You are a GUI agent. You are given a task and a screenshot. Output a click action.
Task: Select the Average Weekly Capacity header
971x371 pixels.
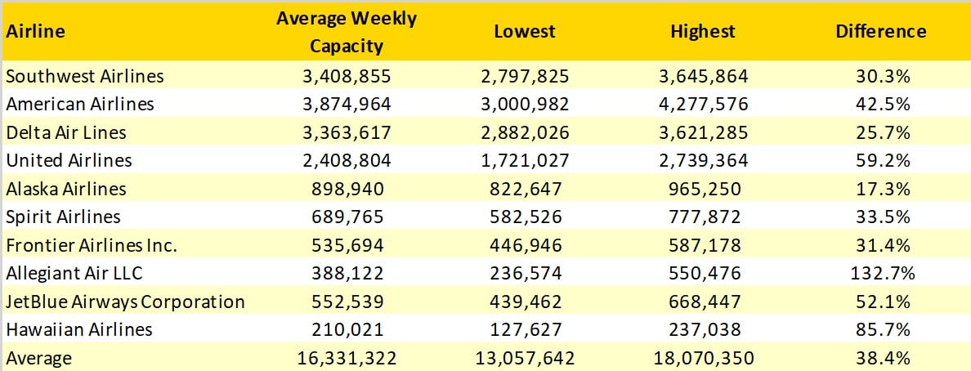pyautogui.click(x=346, y=32)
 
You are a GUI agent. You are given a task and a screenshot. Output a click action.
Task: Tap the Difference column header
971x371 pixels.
pyautogui.click(x=880, y=32)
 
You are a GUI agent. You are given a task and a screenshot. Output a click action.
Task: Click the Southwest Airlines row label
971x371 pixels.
pyautogui.click(x=84, y=76)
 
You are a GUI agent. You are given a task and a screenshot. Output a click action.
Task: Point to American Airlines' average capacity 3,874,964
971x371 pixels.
pyautogui.click(x=346, y=105)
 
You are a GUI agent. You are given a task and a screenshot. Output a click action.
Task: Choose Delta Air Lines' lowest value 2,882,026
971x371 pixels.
pyautogui.click(x=524, y=132)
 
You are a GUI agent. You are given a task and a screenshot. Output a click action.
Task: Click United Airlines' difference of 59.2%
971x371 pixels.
pyautogui.click(x=880, y=161)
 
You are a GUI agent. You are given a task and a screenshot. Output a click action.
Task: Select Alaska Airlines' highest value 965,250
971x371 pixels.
pyautogui.click(x=702, y=189)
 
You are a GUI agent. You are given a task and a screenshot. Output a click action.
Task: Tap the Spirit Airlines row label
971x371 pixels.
pyautogui.click(x=63, y=217)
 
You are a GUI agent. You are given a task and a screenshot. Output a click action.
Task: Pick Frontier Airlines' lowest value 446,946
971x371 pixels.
pyautogui.click(x=524, y=245)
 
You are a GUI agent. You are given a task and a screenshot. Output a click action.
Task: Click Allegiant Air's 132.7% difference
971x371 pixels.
pyautogui.click(x=880, y=274)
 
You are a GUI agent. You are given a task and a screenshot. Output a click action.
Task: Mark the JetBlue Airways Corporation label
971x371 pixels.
pyautogui.click(x=125, y=302)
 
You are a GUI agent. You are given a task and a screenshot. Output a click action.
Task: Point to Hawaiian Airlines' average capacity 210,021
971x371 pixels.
pyautogui.click(x=346, y=330)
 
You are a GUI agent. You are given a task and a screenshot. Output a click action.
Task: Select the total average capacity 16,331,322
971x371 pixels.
pyautogui.click(x=346, y=359)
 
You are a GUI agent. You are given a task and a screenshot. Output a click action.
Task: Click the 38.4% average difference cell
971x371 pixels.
pyautogui.click(x=880, y=359)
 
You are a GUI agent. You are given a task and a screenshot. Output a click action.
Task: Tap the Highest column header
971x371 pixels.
pyautogui.click(x=702, y=32)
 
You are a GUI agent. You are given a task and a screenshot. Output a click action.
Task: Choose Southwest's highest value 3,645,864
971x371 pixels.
pyautogui.click(x=702, y=76)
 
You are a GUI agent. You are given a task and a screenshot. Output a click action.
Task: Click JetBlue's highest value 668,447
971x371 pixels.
pyautogui.click(x=702, y=302)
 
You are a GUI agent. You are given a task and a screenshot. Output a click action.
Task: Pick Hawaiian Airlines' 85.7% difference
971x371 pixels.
pyautogui.click(x=880, y=330)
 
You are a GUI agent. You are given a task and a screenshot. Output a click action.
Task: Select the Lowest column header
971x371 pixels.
pyautogui.click(x=524, y=32)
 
